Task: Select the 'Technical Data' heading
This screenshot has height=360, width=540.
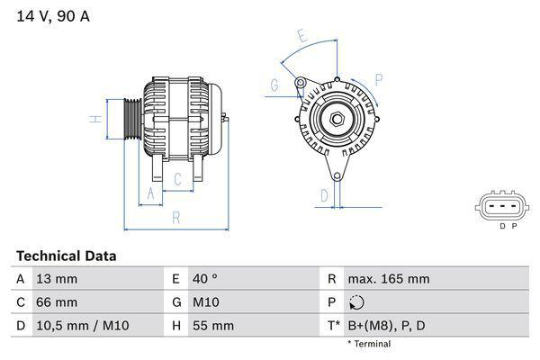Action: [66, 256]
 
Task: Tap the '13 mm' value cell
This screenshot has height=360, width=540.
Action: [55, 279]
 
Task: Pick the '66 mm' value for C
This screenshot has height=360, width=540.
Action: [56, 302]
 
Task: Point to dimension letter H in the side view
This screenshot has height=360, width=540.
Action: [93, 119]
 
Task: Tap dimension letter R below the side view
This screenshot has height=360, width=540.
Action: [176, 217]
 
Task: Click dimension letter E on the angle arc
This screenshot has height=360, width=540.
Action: [303, 38]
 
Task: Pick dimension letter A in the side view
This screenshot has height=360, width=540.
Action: [150, 194]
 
